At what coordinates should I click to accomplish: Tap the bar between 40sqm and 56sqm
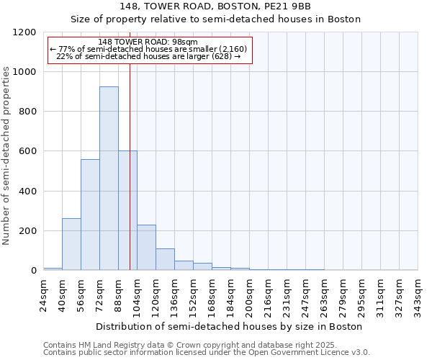click(x=71, y=244)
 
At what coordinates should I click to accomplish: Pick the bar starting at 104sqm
click(x=146, y=248)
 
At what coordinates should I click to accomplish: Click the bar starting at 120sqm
click(x=165, y=259)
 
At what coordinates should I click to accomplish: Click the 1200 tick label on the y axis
click(x=27, y=32)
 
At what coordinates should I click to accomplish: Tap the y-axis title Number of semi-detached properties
click(x=7, y=152)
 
